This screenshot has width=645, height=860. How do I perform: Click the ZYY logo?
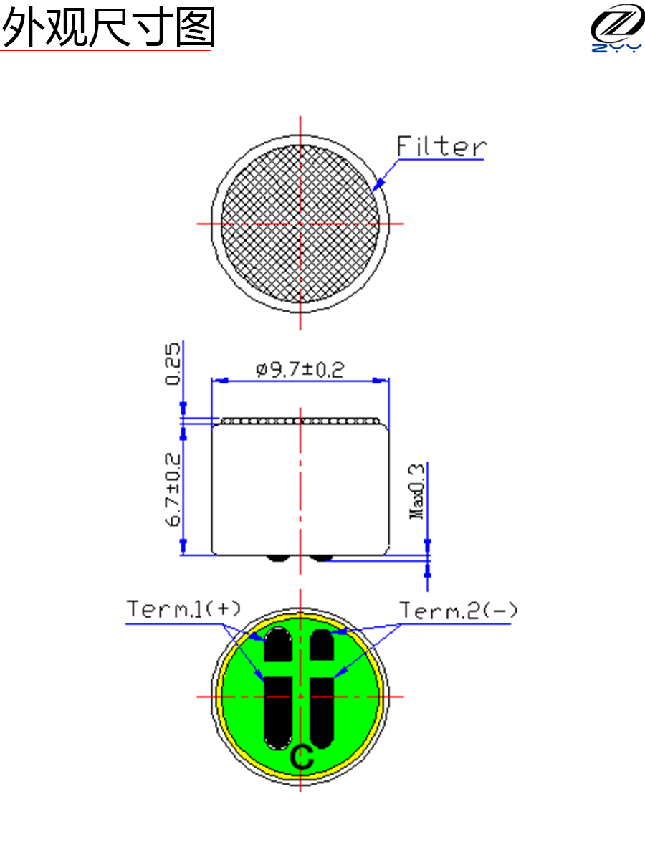[x=617, y=28]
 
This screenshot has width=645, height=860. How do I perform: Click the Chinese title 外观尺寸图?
[x=108, y=27]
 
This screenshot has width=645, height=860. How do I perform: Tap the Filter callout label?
[x=441, y=146]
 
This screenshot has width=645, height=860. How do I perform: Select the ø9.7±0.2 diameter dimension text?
[x=300, y=370]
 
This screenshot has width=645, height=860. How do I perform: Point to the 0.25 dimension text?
[x=173, y=363]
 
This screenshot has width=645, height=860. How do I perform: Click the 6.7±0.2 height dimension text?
[x=173, y=489]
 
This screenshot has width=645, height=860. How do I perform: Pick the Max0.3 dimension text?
[x=416, y=492]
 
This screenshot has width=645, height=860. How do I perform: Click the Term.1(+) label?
[x=183, y=609]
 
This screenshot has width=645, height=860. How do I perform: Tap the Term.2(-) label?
[x=458, y=611]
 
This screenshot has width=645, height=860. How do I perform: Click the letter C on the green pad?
[x=302, y=757]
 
